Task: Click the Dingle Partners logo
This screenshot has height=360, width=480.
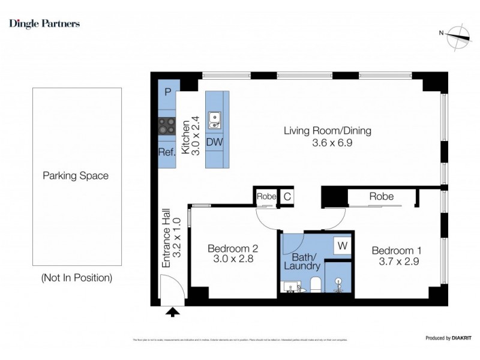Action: (x=44, y=24)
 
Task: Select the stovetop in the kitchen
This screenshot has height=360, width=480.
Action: (x=167, y=126)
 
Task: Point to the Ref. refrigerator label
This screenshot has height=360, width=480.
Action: (x=167, y=152)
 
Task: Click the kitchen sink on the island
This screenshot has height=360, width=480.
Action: (x=214, y=120)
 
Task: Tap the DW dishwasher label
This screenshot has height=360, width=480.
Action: (x=214, y=143)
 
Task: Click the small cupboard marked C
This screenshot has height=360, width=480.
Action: (x=287, y=196)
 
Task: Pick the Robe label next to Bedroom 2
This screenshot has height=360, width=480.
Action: (x=266, y=196)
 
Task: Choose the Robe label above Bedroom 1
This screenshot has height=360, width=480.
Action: (x=381, y=196)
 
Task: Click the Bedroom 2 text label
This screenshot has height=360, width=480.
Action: (x=233, y=248)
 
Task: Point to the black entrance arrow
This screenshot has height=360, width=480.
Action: (x=173, y=311)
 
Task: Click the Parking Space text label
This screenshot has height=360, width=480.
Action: (x=76, y=176)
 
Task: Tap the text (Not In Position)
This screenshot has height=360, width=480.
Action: (x=76, y=278)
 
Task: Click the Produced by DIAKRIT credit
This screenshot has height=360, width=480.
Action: (x=446, y=338)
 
